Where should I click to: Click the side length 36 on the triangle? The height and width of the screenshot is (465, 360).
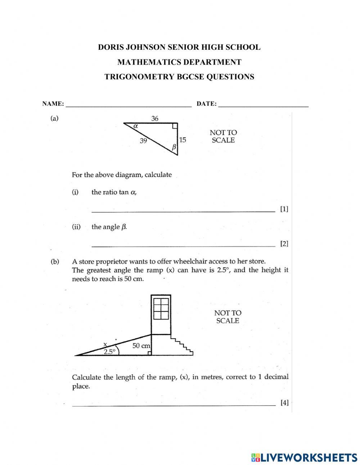155,118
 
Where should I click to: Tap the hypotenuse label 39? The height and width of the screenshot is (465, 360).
143,141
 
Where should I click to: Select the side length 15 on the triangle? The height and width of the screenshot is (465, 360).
183,140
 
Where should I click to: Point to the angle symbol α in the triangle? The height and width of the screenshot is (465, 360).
136,126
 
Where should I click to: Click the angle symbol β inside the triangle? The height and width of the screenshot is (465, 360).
174,147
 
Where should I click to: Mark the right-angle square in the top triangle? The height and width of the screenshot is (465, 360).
175,126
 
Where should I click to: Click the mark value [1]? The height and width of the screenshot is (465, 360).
284,209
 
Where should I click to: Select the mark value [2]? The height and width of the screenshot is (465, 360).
284,244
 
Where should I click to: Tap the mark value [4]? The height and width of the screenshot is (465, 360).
284,403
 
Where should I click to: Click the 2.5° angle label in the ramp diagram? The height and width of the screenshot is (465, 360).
109,352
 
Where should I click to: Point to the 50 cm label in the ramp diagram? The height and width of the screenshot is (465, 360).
141,346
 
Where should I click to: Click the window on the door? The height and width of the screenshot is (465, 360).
161,308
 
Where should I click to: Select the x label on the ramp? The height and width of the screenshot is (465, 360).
105,344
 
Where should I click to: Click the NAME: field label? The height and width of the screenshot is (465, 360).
53,104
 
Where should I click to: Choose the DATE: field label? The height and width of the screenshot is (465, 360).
207,104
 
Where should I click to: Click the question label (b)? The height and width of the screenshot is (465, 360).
55,262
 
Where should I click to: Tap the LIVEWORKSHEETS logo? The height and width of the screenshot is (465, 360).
304,457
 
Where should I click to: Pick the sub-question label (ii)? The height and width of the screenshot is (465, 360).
76,227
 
